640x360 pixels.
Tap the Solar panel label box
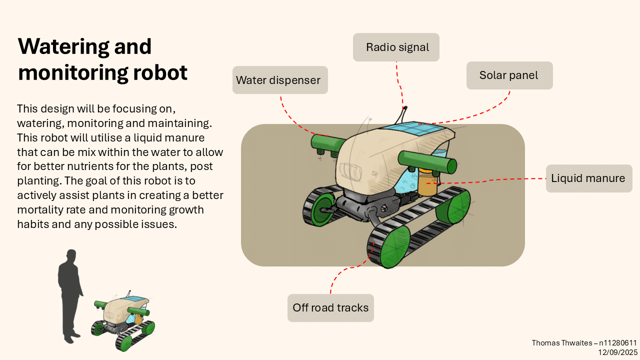click(x=509, y=75)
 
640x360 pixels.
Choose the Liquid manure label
click(x=588, y=178)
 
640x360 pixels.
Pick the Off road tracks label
click(x=330, y=308)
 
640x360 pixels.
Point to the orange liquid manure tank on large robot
click(x=427, y=184)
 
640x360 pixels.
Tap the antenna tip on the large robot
click(x=405, y=107)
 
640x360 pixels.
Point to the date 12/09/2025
click(x=617, y=352)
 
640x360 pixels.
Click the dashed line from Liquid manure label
click(x=500, y=179)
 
